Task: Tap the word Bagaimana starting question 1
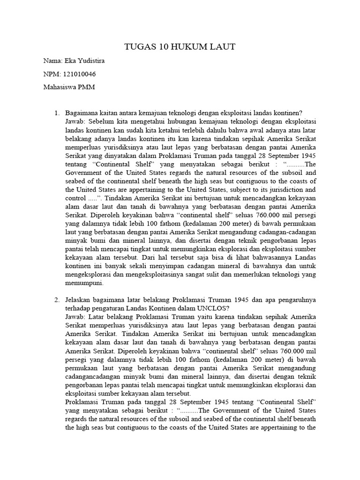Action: pyautogui.click(x=82, y=113)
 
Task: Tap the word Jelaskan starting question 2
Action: pyautogui.click(x=79, y=300)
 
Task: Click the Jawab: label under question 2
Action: pyautogui.click(x=76, y=316)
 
